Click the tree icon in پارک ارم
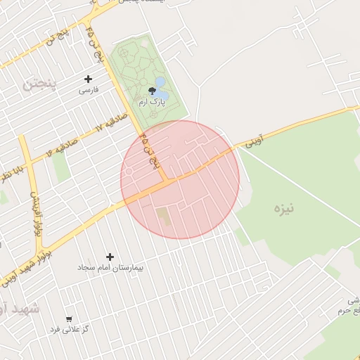coord(153,90)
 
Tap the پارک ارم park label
coord(152,103)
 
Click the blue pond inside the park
coord(161,89)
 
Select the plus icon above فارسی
coord(88,79)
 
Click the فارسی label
coord(88,90)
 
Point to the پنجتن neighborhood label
coord(37,84)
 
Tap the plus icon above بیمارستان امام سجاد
coord(110,257)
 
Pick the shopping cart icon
coord(69,319)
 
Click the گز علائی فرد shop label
coord(69,329)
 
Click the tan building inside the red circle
coord(163,214)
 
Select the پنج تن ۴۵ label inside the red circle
coord(150,149)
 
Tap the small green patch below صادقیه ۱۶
coord(61,166)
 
